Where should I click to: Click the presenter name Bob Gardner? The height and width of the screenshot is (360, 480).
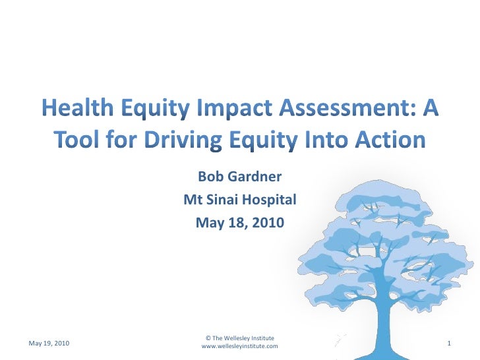click(x=240, y=177)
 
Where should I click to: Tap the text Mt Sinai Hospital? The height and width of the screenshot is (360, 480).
click(x=240, y=200)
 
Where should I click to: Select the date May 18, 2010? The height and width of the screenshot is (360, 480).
click(x=240, y=223)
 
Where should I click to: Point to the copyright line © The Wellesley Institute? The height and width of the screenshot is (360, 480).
click(x=239, y=338)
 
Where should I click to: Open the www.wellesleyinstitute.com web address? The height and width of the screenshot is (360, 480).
click(x=239, y=346)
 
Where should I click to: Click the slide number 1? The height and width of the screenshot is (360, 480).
click(x=448, y=344)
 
